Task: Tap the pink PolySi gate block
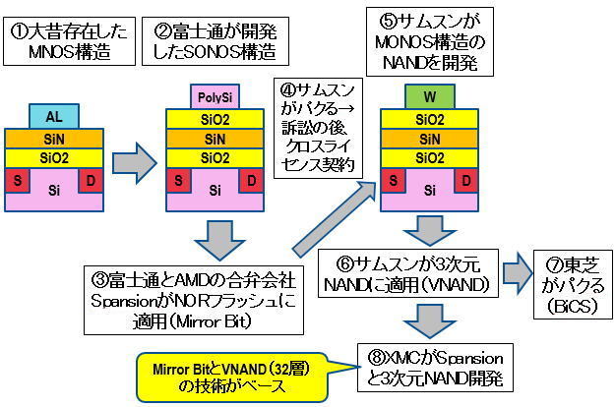(214, 97)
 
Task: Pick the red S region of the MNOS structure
(16, 180)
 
